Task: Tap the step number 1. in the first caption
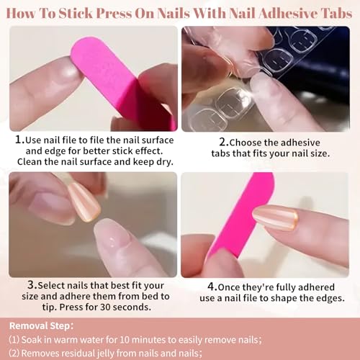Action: [20, 140]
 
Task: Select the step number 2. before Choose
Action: [224, 142]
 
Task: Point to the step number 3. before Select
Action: [32, 285]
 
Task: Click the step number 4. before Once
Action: [213, 287]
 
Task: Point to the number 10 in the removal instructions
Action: [125, 340]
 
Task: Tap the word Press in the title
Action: [114, 13]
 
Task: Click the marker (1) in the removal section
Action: [14, 340]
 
